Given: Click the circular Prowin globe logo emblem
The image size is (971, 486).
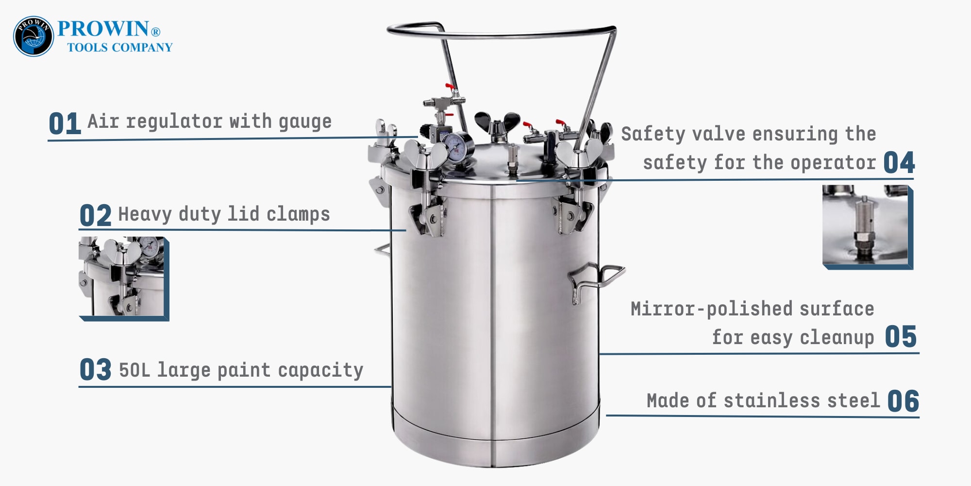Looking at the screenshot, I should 33,36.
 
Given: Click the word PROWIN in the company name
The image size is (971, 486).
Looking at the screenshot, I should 103,29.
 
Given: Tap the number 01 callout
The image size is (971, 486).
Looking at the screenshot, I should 64,123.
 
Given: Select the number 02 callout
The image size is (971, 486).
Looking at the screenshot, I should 95,215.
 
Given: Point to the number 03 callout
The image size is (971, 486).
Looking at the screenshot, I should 95,370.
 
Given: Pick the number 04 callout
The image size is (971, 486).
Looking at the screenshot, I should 899,162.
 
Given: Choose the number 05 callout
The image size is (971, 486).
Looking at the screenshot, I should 901,337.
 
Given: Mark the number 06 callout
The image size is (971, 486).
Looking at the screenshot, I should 903,401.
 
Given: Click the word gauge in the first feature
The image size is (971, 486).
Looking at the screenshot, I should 305,121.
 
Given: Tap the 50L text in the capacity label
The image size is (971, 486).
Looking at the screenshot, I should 134,370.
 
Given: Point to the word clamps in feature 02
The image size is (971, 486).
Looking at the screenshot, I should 298,214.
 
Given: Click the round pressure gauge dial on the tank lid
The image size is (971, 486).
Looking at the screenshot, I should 456,146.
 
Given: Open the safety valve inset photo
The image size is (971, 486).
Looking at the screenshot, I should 867,226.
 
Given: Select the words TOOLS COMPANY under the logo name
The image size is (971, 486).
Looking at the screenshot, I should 119,48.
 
